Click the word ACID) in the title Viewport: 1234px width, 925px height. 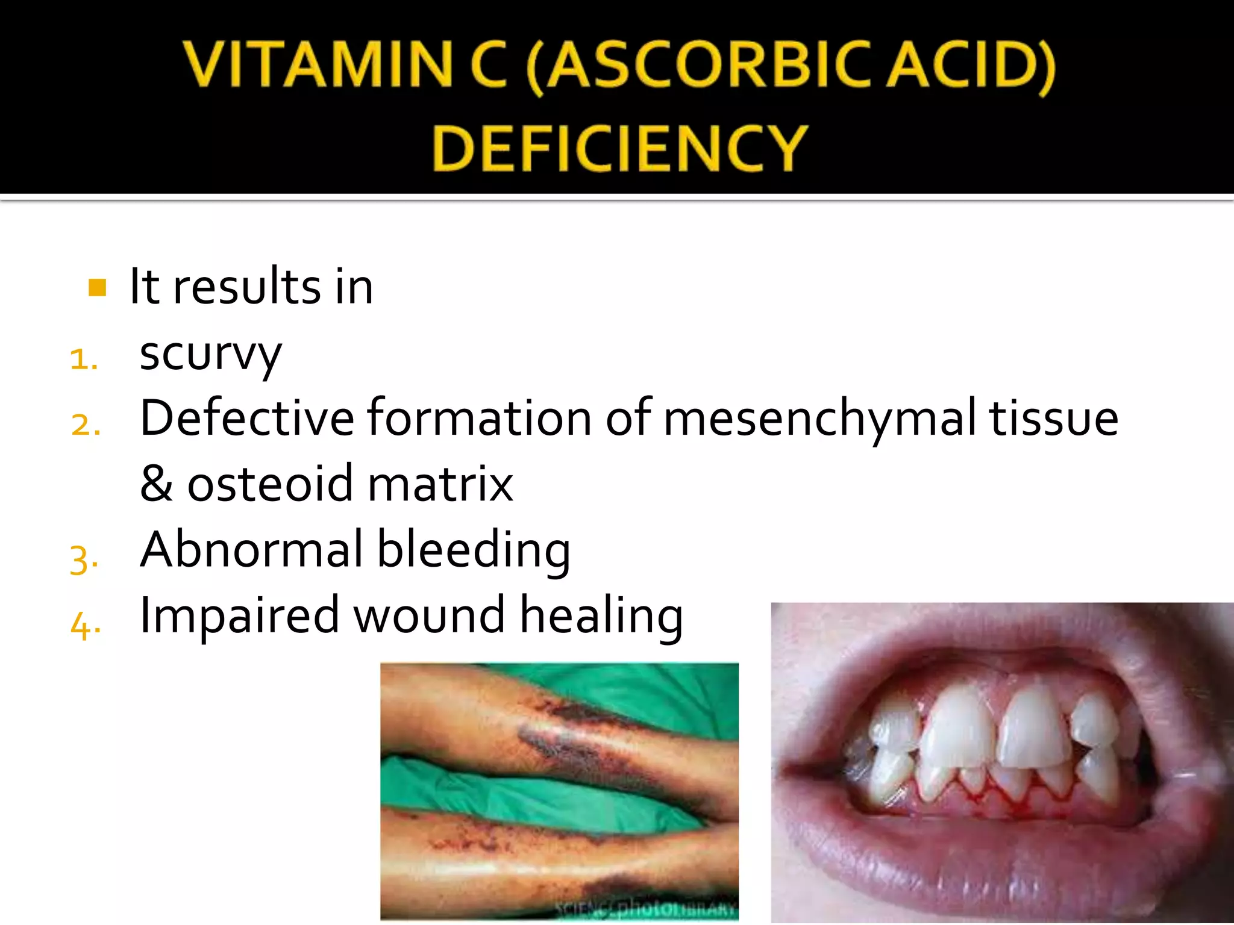click(x=972, y=65)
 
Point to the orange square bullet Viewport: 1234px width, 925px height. click(x=97, y=287)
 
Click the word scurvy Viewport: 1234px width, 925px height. click(x=210, y=354)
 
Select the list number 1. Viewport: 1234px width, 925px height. click(x=83, y=360)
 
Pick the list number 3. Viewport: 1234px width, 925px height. click(x=83, y=559)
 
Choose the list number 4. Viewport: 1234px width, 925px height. click(x=84, y=624)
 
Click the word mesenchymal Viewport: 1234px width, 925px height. click(x=819, y=419)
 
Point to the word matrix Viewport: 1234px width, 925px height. click(x=440, y=484)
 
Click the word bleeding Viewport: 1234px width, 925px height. click(x=474, y=550)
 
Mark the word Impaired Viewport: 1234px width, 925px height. click(x=239, y=615)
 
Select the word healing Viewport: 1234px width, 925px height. click(x=601, y=615)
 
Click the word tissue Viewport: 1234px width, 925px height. click(x=1054, y=419)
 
